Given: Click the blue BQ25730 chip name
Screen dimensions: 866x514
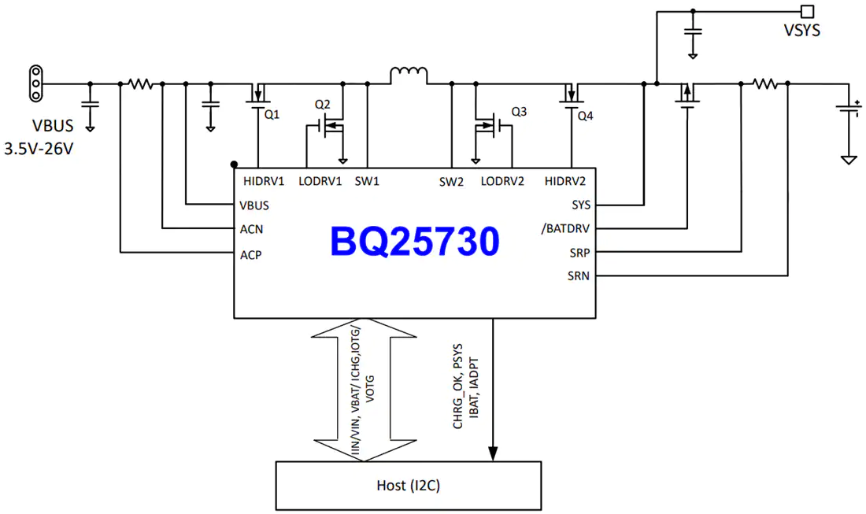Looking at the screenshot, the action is [x=415, y=242].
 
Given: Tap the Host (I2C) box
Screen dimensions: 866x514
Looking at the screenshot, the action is [x=408, y=486].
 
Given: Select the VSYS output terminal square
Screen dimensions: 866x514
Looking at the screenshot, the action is [x=808, y=11].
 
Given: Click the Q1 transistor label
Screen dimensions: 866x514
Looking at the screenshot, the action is [x=272, y=114].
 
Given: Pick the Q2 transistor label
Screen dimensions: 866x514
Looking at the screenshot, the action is [x=323, y=105].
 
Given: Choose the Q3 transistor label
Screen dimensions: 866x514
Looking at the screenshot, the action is [x=519, y=112].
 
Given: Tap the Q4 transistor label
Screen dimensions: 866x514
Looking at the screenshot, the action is [x=586, y=116].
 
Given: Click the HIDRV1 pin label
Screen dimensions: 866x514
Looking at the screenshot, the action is [x=264, y=181].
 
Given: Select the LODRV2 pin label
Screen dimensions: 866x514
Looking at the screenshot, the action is [x=502, y=181].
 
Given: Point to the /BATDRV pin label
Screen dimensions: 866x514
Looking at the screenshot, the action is [x=565, y=228].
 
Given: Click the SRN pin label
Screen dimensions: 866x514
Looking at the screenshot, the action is [x=579, y=276].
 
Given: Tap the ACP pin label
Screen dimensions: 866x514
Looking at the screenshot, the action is [x=250, y=255].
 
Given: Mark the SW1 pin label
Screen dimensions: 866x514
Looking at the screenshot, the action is [x=367, y=181].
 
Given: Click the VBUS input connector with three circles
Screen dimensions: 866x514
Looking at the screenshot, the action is [x=36, y=83].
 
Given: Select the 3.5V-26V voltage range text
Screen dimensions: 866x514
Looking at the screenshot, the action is [x=39, y=149].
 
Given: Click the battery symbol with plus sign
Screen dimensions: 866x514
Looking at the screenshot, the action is [x=849, y=109].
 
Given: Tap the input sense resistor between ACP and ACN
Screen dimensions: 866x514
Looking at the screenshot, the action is [x=141, y=84].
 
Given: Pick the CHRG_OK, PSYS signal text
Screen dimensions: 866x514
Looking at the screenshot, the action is [x=457, y=386].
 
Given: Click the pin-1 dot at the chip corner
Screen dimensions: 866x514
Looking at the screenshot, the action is [x=234, y=165].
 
